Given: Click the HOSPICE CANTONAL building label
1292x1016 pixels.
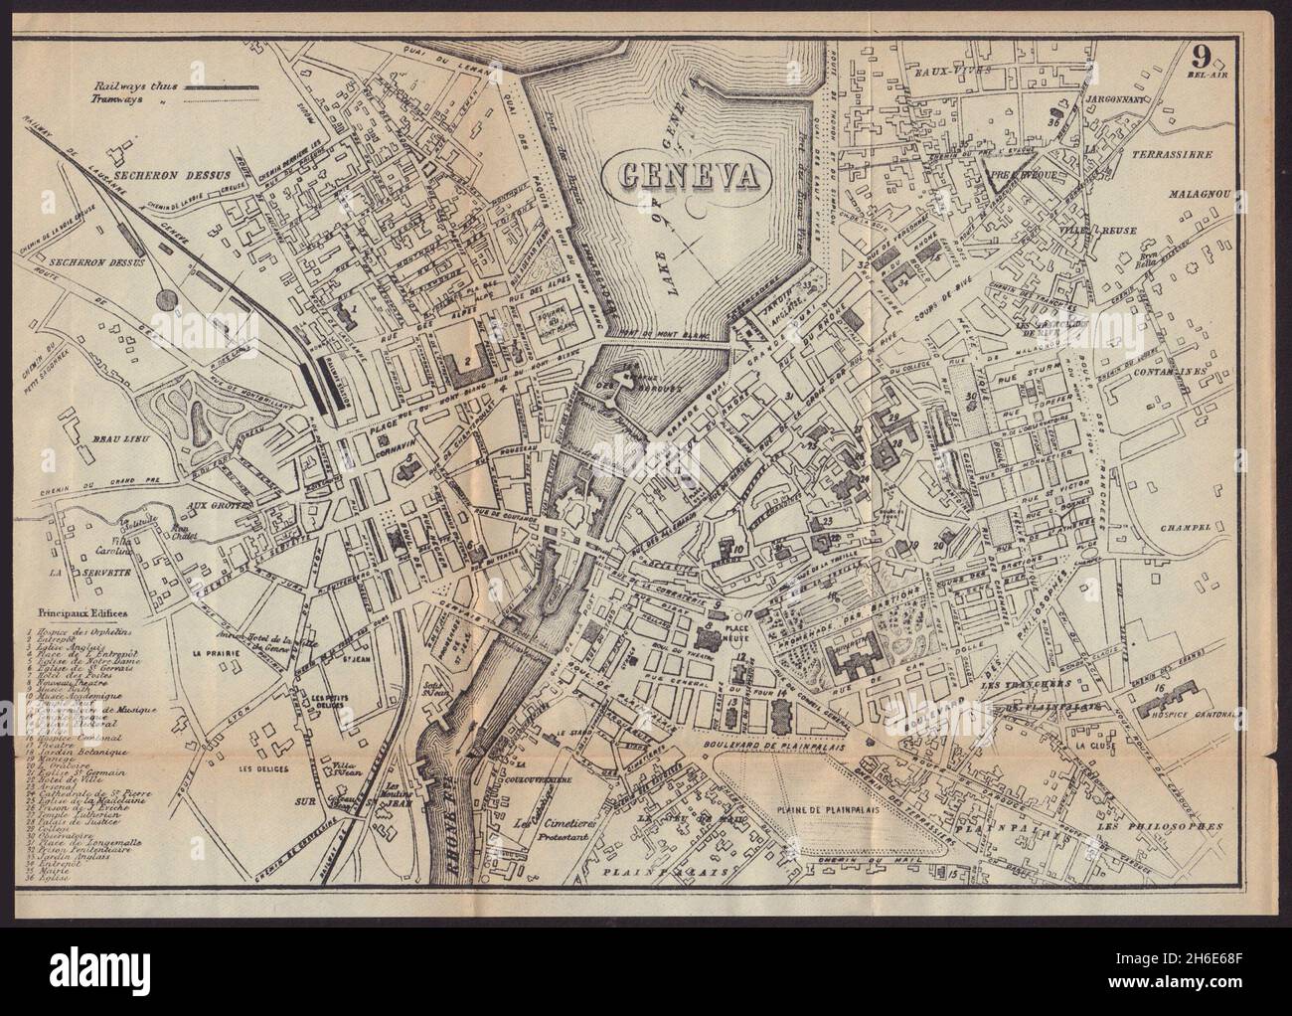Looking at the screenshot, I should click(1202, 711).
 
